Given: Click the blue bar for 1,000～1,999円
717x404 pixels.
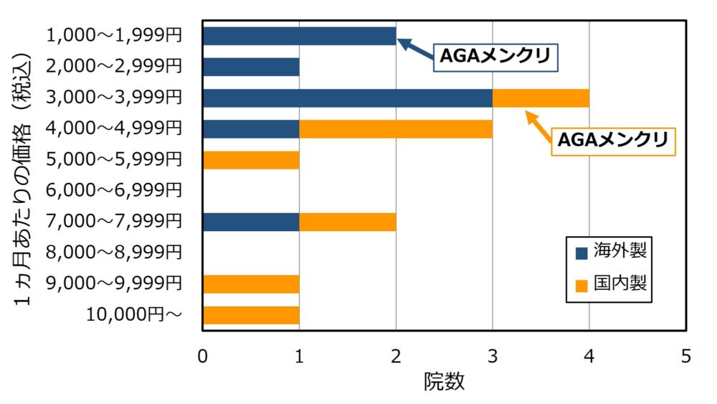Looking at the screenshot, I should [299, 36].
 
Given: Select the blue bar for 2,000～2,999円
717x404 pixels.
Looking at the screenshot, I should [251, 67].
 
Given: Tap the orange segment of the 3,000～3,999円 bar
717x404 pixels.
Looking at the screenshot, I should [541, 98].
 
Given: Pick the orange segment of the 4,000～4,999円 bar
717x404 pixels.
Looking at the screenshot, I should [396, 128].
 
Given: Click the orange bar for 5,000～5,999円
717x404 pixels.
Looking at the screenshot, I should [251, 160].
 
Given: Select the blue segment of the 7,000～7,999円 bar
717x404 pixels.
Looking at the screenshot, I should [251, 222].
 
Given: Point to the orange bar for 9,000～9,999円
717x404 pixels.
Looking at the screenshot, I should [251, 283].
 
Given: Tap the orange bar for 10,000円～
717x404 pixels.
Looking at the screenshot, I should [251, 315].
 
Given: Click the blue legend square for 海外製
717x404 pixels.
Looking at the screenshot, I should [581, 253].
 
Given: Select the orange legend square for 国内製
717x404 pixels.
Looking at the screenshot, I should [581, 284].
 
